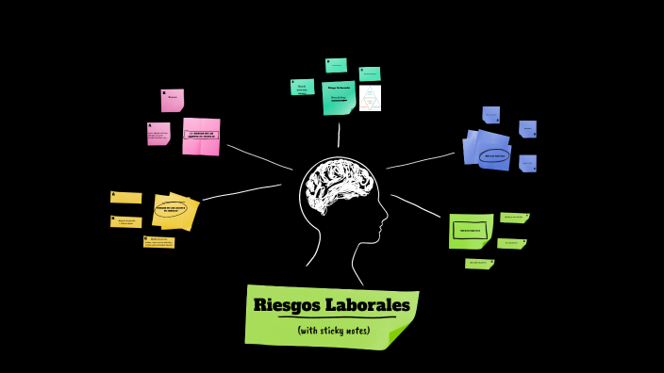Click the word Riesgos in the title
pyautogui.click(x=286, y=305)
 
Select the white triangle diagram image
pyautogui.click(x=370, y=97)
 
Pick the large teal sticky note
pyautogui.click(x=338, y=98)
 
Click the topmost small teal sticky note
pyautogui.click(x=336, y=65)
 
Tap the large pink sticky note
pyautogui.click(x=201, y=136)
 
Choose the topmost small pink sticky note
pyautogui.click(x=172, y=99)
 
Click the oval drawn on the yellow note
pyautogui.click(x=171, y=208)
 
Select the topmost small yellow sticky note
pyautogui.click(x=125, y=198)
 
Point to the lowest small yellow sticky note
pyautogui.click(x=158, y=242)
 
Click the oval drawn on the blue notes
pyautogui.click(x=493, y=155)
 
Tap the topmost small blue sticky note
pyautogui.click(x=490, y=115)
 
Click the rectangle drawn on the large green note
pyautogui.click(x=469, y=230)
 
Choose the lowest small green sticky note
pyautogui.click(x=479, y=264)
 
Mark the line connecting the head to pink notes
pyautogui.click(x=258, y=157)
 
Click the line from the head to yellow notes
pyautogui.click(x=241, y=191)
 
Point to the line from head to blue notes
pyautogui.click(x=421, y=161)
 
